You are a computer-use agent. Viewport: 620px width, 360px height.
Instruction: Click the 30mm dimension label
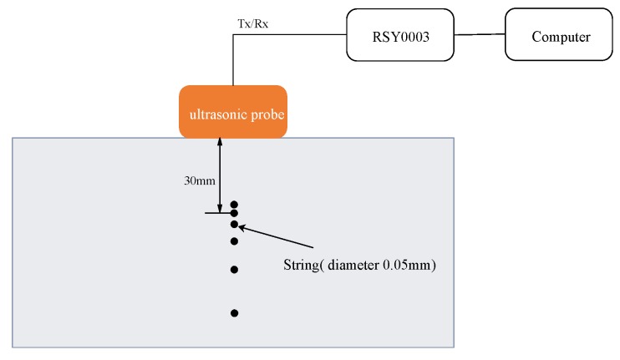[x=198, y=179]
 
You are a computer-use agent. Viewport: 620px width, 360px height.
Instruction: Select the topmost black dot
[x=235, y=204]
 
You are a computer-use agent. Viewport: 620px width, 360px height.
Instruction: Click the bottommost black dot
[x=235, y=313]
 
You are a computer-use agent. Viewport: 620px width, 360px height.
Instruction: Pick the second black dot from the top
[x=235, y=214]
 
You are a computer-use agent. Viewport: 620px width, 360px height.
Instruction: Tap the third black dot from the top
[x=235, y=224]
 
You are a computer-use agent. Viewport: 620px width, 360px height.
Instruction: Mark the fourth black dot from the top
[x=235, y=241]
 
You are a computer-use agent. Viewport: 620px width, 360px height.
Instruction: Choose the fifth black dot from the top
[x=235, y=270]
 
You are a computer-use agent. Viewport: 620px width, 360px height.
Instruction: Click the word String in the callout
[x=301, y=266]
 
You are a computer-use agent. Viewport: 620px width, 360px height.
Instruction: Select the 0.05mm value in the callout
[x=413, y=266]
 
